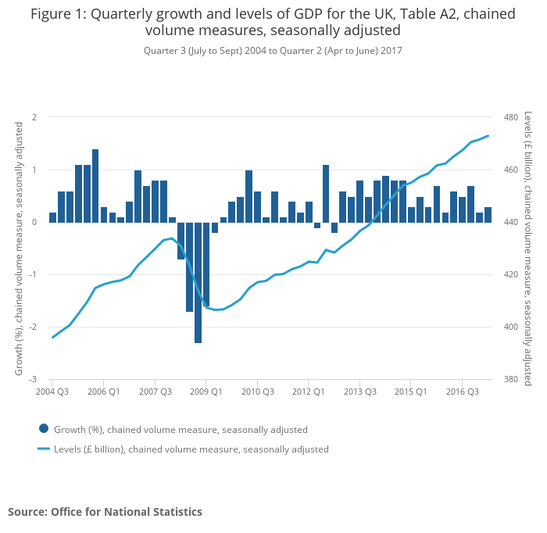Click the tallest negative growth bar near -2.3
coord(198,282)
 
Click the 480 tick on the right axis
coord(511,117)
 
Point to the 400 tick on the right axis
coord(511,327)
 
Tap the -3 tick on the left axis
coord(34,379)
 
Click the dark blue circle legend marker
coord(44,428)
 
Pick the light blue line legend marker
coord(44,449)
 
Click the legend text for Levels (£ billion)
coord(191,449)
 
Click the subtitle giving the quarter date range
coord(273,51)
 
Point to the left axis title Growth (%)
coord(19,248)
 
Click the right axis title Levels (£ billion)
coord(528,248)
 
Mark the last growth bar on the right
coord(488,215)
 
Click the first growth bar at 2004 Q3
coord(52,217)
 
